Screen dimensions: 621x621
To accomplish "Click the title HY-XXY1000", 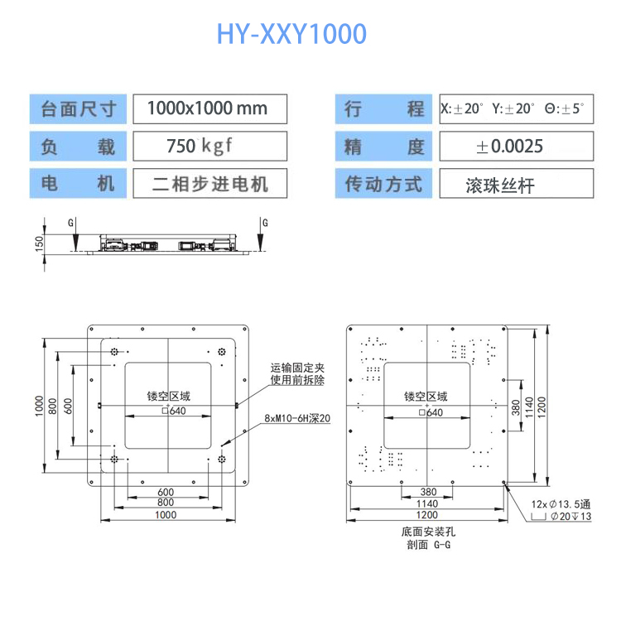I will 291,34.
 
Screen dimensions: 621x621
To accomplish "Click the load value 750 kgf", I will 200,147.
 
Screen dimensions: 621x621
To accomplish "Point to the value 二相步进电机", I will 210,183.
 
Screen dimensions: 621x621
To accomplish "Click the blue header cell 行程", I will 384,108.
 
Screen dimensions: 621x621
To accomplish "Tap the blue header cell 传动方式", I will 384,183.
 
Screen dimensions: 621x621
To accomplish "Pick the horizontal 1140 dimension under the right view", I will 426,503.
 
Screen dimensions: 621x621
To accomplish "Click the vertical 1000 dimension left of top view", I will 39,406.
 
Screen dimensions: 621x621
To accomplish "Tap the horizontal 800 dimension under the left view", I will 166,503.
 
